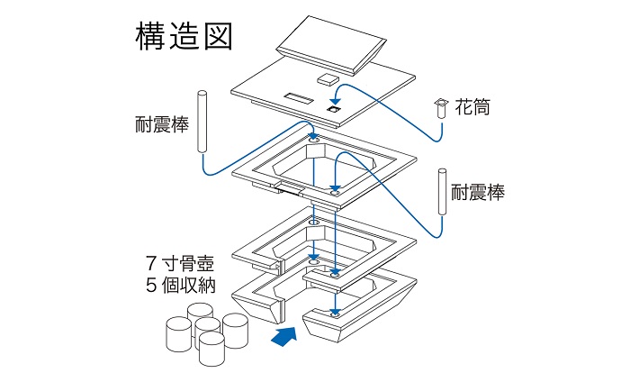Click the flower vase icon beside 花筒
pos(441,108)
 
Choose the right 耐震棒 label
pos(478,192)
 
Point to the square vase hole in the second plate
pos(332,108)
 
